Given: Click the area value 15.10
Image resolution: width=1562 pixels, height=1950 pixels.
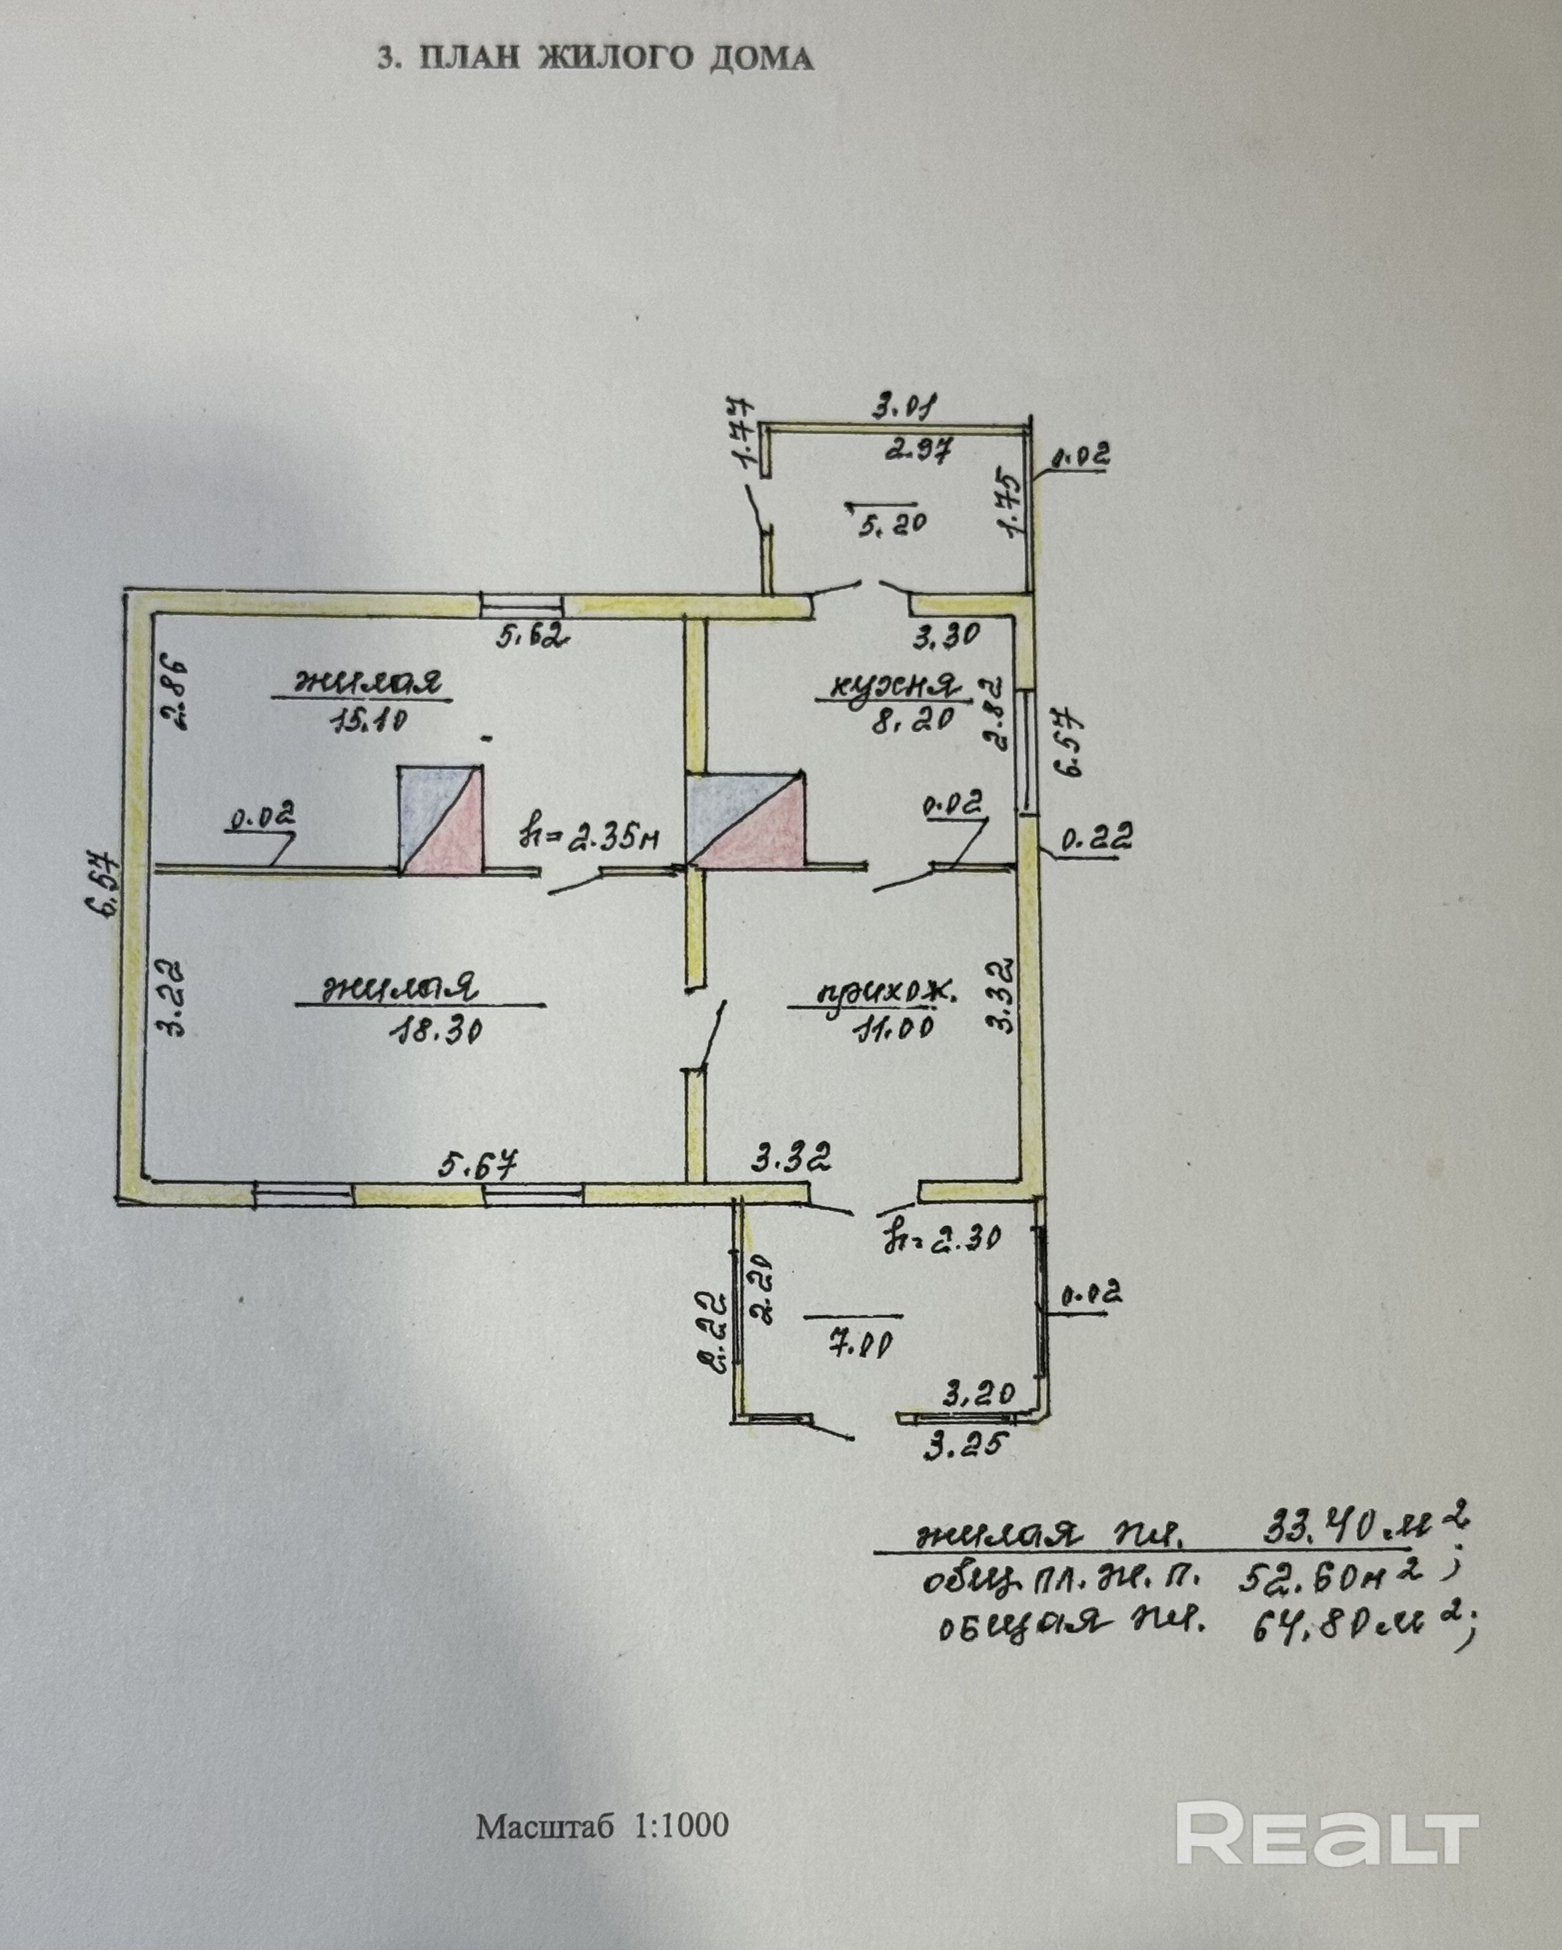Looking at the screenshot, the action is point(370,720).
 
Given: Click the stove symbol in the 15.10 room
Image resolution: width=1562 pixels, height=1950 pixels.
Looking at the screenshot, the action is point(441,819).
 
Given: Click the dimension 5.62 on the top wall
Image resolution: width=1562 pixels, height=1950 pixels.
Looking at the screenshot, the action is point(531,637).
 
